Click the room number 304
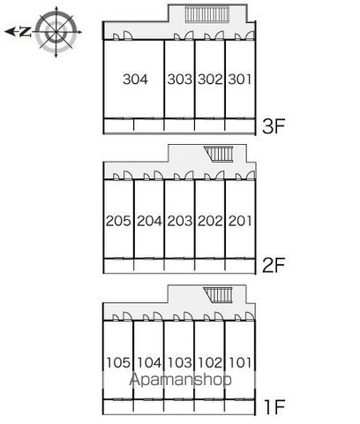pos(135,79)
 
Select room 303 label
pos(180,79)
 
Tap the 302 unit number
pos(210,79)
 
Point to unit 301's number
pos(240,79)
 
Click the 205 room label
pos(118,221)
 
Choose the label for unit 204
pos(149,221)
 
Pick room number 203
pos(180,221)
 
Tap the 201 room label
pos(240,221)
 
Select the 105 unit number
pos(118,362)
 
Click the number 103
pos(180,362)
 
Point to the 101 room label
pos(240,362)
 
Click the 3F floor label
pos(274,126)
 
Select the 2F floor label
pos(274,265)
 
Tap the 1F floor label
pos(274,407)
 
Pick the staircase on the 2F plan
pos(219,154)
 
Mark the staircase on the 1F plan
pos(218,295)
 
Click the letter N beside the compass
pos(26,32)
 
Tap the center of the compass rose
pos(56,32)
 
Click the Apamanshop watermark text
pos(180,380)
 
